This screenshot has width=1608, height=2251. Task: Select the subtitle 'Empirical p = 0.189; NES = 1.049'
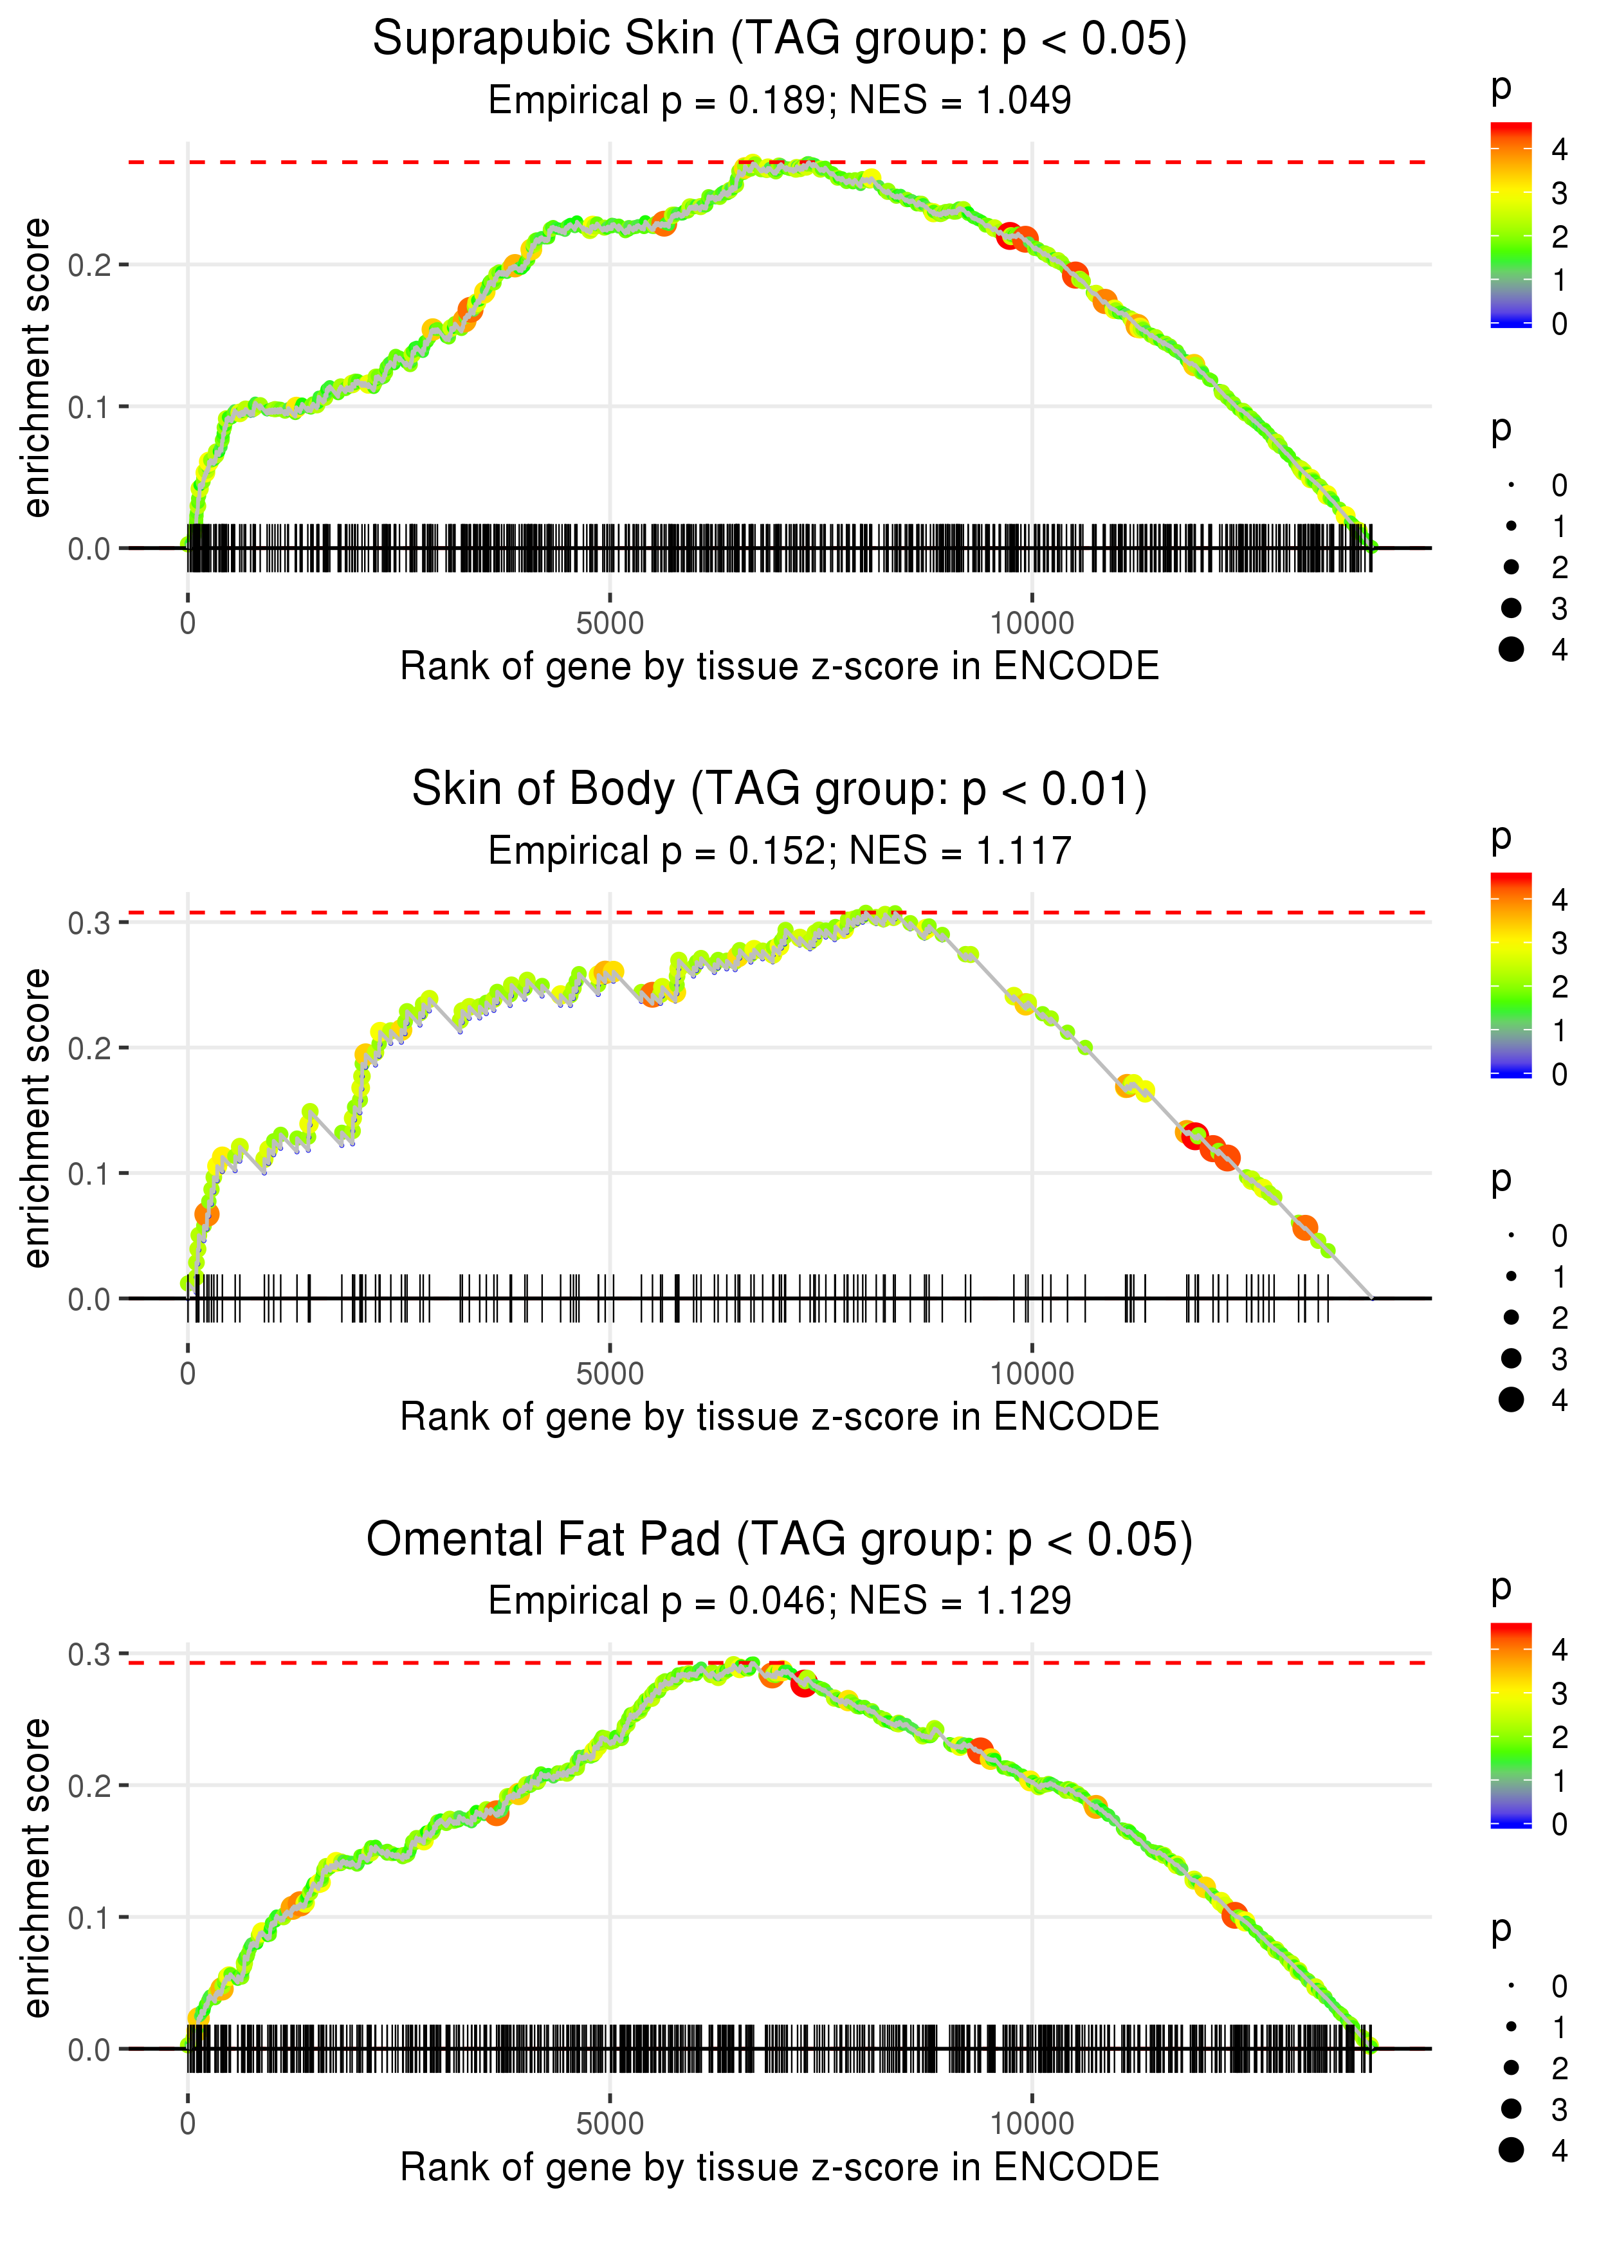tap(780, 100)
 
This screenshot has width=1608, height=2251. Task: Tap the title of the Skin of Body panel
tap(780, 790)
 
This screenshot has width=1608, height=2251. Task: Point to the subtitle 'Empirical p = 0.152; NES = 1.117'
tap(780, 850)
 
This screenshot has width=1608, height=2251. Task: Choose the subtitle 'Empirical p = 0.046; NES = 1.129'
tap(780, 1601)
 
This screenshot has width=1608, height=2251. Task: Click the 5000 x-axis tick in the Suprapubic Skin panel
tap(610, 624)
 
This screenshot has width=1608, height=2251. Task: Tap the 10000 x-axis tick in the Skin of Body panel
tap(1032, 1374)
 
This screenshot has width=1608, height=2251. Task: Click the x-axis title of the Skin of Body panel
tap(780, 1417)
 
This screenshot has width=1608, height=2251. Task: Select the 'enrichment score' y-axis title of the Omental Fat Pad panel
tap(37, 1867)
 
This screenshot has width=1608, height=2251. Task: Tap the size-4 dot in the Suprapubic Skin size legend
tap(1511, 650)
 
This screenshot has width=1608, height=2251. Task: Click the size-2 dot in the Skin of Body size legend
tap(1511, 1318)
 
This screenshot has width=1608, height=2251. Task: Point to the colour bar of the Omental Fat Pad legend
tap(1511, 1724)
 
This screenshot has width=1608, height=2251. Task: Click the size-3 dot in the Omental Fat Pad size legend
tap(1511, 2108)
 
